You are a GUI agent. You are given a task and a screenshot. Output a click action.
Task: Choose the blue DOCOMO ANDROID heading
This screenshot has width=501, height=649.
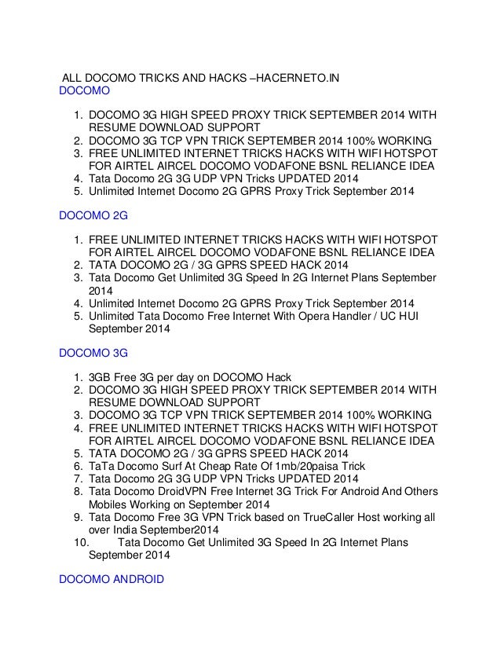pos(112,579)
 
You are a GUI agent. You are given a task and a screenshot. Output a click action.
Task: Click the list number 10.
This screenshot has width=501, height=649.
pos(79,541)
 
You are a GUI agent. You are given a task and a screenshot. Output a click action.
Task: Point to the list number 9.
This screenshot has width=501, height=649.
pos(79,516)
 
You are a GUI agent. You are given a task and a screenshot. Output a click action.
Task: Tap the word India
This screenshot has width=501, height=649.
pos(126,529)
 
